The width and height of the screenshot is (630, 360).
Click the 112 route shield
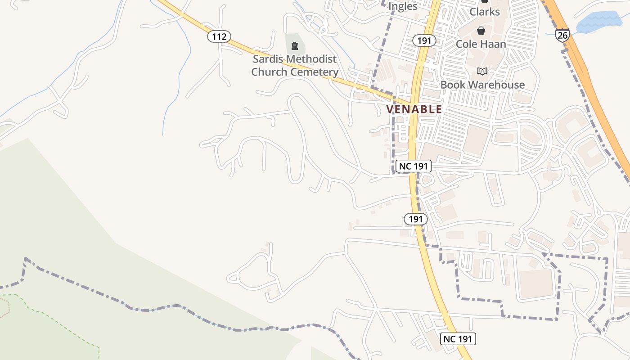coord(219,36)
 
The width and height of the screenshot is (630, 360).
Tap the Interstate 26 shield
coord(562,35)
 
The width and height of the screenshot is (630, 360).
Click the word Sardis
coord(268,59)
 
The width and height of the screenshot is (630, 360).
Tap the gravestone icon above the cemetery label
coord(295,45)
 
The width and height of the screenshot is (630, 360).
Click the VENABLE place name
coord(414,109)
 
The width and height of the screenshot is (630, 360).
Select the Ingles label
coord(403,6)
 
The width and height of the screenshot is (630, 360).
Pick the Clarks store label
coord(485,12)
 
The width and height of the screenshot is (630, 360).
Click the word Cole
coord(468,44)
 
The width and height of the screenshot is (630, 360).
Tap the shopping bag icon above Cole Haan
coord(481,31)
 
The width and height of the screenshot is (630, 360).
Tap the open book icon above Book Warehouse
coord(482,71)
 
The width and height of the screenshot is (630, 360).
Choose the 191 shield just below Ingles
coord(424,41)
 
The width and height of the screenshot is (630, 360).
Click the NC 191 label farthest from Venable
coord(458,339)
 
